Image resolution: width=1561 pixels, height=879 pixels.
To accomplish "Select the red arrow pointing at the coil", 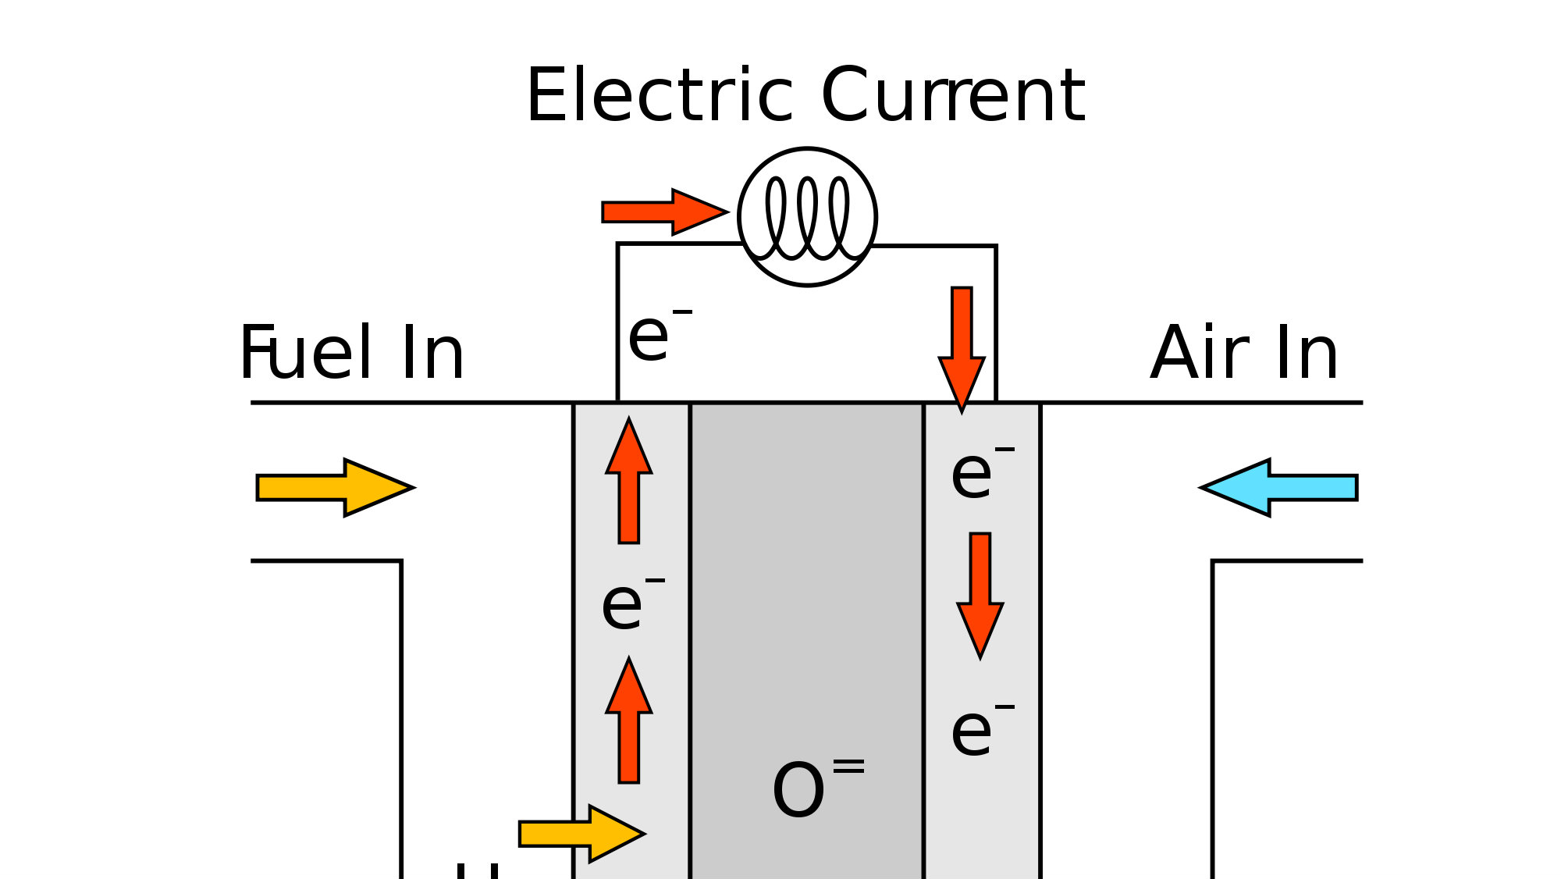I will click(x=663, y=212).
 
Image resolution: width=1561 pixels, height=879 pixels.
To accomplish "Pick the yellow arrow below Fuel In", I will click(x=334, y=487).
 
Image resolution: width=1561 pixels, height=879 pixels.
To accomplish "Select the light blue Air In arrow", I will click(x=1280, y=487).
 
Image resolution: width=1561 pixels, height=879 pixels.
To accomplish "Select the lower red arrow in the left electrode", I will click(x=629, y=722).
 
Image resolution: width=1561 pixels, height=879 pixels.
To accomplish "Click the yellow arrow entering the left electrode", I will click(x=581, y=834).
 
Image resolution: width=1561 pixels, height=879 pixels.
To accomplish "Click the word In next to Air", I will click(x=1307, y=353).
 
